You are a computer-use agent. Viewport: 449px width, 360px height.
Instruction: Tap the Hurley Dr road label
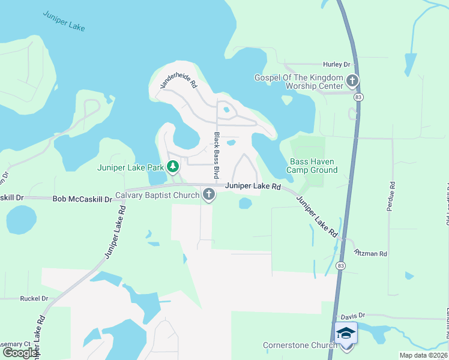tap(336, 65)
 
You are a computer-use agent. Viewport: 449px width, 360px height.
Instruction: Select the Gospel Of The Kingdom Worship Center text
tap(298, 82)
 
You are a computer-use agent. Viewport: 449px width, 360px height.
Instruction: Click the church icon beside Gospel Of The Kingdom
tap(352, 80)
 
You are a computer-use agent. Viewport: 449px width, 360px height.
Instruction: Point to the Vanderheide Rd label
tap(178, 78)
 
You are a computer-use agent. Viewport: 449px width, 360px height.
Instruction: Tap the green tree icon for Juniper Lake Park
tap(173, 166)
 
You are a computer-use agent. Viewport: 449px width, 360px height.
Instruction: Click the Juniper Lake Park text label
tap(131, 167)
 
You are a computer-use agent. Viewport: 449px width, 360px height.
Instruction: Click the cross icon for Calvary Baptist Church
tap(209, 194)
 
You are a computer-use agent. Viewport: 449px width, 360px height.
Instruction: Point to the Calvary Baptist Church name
tap(157, 196)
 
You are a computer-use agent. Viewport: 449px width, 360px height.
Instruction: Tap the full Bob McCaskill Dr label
tap(83, 199)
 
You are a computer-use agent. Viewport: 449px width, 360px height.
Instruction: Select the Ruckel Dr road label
tap(34, 298)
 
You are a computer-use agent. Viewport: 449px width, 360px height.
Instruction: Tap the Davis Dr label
tap(353, 316)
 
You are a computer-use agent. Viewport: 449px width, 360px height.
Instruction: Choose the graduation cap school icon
tap(346, 332)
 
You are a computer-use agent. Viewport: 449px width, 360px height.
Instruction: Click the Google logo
tap(20, 352)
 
